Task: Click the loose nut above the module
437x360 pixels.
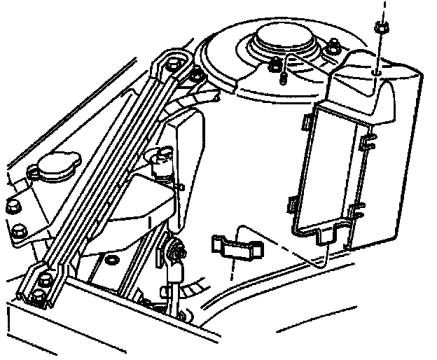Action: point(381,28)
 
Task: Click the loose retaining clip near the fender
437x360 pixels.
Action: point(236,247)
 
